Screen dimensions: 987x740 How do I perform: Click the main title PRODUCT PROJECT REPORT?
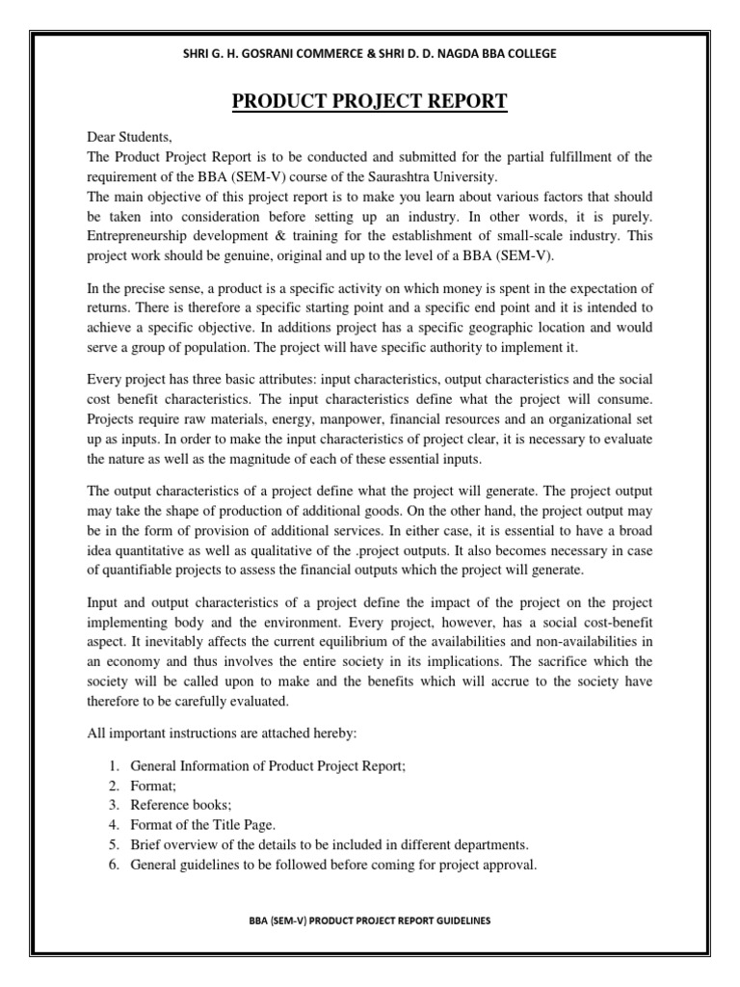[370, 101]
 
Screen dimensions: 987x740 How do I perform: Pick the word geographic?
[485, 326]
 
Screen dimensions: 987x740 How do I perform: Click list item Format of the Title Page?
[201, 823]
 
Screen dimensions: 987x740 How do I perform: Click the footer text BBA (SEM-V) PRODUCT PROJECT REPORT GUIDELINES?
[369, 920]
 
